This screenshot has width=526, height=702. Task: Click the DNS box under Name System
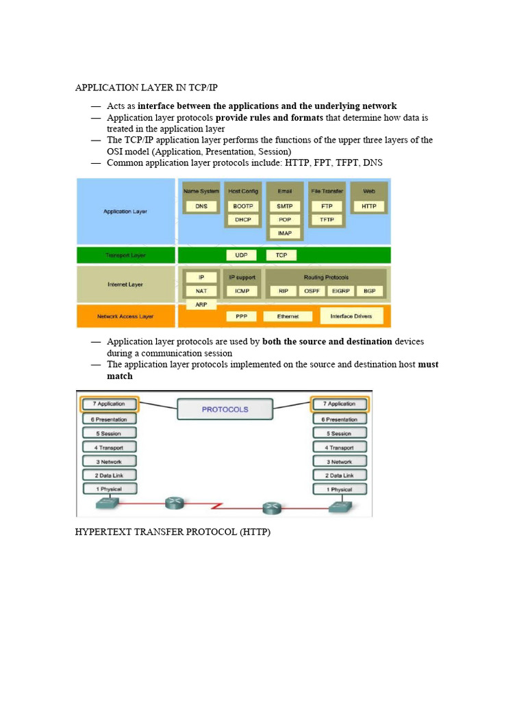(x=201, y=206)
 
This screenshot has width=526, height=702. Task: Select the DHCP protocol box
(x=243, y=219)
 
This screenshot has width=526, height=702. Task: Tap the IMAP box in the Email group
(x=285, y=233)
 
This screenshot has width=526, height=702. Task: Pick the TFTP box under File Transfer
(x=327, y=219)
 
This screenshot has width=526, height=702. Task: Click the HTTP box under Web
(x=369, y=206)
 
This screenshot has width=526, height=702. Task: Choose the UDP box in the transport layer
(x=241, y=255)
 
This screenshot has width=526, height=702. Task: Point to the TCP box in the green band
(x=281, y=255)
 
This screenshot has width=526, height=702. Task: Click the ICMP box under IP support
(x=242, y=291)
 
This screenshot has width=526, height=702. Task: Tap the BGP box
(x=370, y=291)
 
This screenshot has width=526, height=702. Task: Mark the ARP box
(x=201, y=304)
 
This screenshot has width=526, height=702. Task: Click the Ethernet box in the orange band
(x=288, y=317)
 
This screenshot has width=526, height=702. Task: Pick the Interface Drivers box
(x=352, y=317)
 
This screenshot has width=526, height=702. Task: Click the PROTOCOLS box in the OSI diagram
(x=225, y=409)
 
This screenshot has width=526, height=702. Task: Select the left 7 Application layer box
(x=110, y=404)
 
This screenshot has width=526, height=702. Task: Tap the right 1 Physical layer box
(x=339, y=489)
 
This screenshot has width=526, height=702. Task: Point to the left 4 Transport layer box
(x=110, y=447)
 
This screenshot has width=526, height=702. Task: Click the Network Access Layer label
(x=125, y=317)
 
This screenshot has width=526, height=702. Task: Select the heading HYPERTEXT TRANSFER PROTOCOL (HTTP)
(x=173, y=532)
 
